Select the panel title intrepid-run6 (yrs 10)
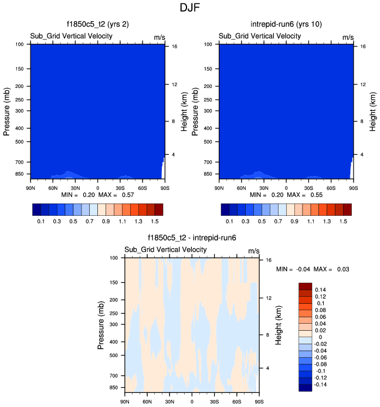(286, 25)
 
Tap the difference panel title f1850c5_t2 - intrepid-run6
(192, 238)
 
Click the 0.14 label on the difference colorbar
(320, 290)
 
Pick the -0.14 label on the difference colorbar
(321, 385)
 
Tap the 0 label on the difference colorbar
(317, 337)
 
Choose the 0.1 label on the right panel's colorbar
(229, 222)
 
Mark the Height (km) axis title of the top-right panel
(372, 110)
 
